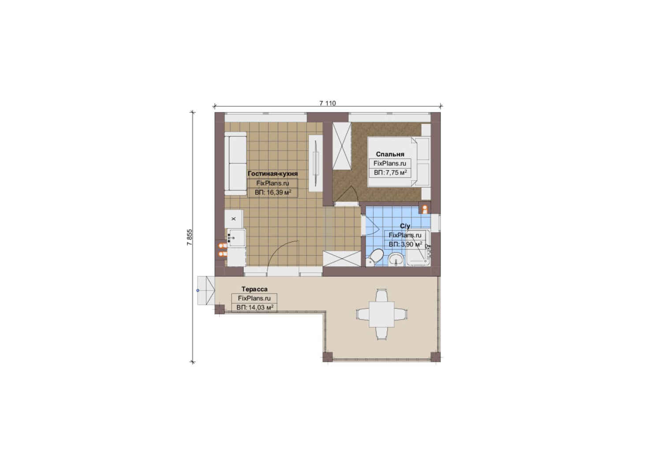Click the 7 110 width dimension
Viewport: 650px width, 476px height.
tap(327, 103)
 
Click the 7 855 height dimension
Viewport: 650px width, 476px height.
tap(190, 237)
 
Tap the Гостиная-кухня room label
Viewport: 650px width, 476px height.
tap(273, 174)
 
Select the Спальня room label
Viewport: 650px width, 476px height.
tap(390, 154)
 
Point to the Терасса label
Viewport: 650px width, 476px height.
tap(254, 289)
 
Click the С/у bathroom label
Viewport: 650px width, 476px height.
tap(405, 226)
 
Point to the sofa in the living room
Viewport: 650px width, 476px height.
tap(235, 164)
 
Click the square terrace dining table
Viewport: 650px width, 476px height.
tap(381, 314)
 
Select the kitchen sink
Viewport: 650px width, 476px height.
tap(236, 238)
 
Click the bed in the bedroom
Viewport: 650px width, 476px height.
tap(399, 162)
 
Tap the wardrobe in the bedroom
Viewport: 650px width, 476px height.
tap(342, 146)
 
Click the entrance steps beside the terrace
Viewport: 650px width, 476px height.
tap(206, 290)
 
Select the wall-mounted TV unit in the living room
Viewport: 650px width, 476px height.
tap(316, 164)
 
